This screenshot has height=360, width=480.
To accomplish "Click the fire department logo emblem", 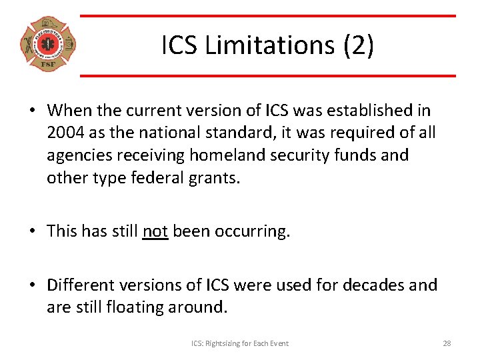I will (x=47, y=44).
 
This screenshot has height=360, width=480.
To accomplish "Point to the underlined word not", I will (x=155, y=231).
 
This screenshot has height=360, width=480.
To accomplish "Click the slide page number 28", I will (x=447, y=343).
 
